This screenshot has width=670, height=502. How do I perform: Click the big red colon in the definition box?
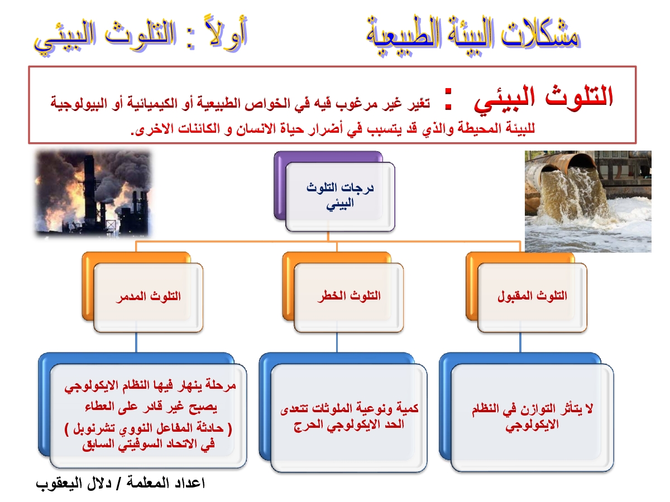[448, 99]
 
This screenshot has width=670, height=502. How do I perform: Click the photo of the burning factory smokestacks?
[93, 193]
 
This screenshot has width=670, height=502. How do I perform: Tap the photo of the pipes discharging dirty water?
[588, 201]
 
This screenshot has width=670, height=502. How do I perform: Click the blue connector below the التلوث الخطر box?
[337, 342]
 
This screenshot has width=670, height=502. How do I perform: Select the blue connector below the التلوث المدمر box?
[136, 342]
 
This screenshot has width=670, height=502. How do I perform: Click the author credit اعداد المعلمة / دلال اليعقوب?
[120, 484]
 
